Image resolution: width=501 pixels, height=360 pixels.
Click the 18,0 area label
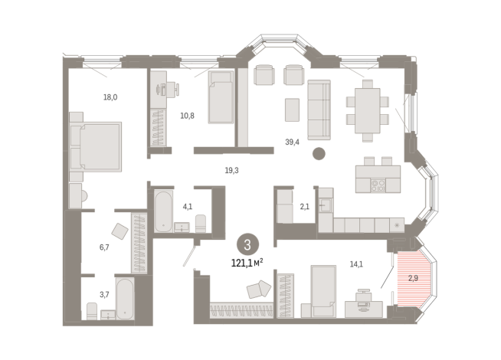110,97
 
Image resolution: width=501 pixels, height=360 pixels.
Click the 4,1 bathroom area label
186,205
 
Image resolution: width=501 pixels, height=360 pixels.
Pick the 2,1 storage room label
304,206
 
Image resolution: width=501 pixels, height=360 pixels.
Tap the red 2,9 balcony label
412,279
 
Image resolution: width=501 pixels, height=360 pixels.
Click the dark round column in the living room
319,153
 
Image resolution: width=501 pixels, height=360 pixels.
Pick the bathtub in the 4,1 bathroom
162,210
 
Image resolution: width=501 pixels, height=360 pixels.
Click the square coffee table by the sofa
292,110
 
